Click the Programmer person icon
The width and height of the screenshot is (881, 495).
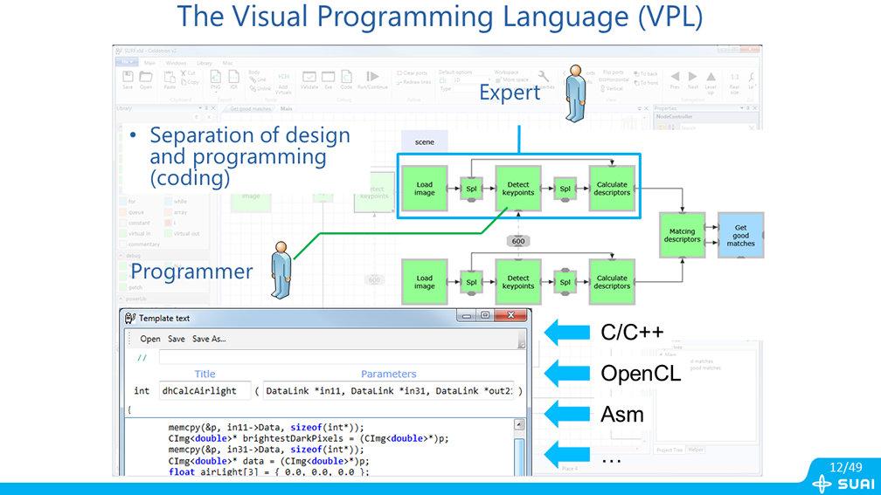point(282,269)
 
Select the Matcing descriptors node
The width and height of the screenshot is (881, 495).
point(682,234)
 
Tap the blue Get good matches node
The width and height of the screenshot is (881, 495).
point(740,234)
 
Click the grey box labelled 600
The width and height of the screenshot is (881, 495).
point(517,241)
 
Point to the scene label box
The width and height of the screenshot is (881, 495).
point(424,141)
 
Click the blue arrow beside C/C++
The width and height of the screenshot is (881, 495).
point(568,332)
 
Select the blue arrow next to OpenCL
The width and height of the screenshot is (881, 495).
point(568,374)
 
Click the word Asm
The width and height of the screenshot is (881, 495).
point(622,414)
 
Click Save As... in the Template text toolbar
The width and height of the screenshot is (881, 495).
point(209,339)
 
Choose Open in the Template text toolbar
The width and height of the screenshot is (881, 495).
point(150,339)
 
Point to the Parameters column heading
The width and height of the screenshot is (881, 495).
point(388,374)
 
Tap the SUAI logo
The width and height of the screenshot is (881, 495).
point(843,484)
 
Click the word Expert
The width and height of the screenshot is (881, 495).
point(510,91)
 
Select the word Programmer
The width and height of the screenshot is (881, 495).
point(191,271)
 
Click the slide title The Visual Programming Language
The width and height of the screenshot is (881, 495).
point(440,17)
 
